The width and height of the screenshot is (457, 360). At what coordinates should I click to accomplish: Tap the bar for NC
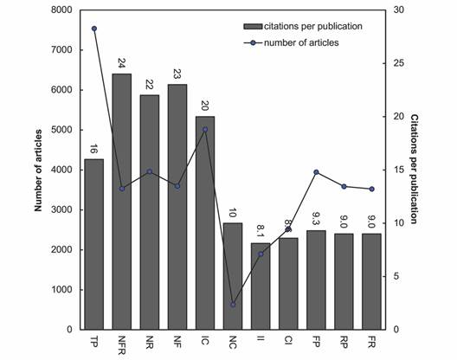pos(233,276)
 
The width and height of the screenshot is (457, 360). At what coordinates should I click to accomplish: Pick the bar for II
pos(261,286)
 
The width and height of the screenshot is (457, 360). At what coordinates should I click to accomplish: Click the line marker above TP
pos(94,29)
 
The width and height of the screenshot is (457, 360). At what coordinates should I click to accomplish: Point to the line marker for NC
pos(233,305)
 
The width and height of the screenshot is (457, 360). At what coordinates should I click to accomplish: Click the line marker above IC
pos(205,130)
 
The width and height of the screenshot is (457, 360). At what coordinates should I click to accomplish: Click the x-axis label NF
pos(177,340)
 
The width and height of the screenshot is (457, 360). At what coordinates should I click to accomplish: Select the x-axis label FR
pos(371,340)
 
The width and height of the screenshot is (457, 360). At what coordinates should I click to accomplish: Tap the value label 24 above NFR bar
pos(122,63)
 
